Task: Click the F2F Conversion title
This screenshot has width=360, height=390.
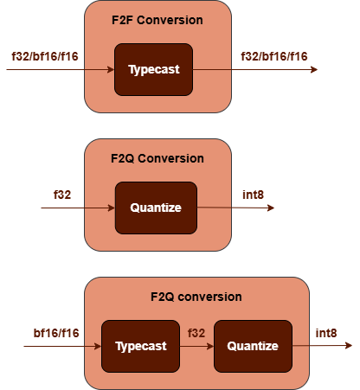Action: [157, 20]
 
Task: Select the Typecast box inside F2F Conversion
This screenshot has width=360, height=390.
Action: [153, 69]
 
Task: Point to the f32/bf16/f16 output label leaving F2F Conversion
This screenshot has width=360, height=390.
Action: [274, 56]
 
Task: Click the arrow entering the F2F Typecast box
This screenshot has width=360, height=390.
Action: [61, 69]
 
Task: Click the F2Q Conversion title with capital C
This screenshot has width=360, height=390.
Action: [157, 158]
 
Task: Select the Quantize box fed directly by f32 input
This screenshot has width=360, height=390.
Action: [156, 208]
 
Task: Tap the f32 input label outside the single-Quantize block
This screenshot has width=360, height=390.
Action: [62, 195]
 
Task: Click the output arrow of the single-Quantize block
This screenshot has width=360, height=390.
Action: [235, 208]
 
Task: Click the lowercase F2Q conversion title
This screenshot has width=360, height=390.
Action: [196, 297]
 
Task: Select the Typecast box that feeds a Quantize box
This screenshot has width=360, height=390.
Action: [139, 346]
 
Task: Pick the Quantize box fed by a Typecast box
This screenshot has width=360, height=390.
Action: [252, 346]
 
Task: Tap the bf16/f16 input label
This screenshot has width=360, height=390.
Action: [56, 333]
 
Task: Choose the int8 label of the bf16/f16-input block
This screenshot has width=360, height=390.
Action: [326, 333]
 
